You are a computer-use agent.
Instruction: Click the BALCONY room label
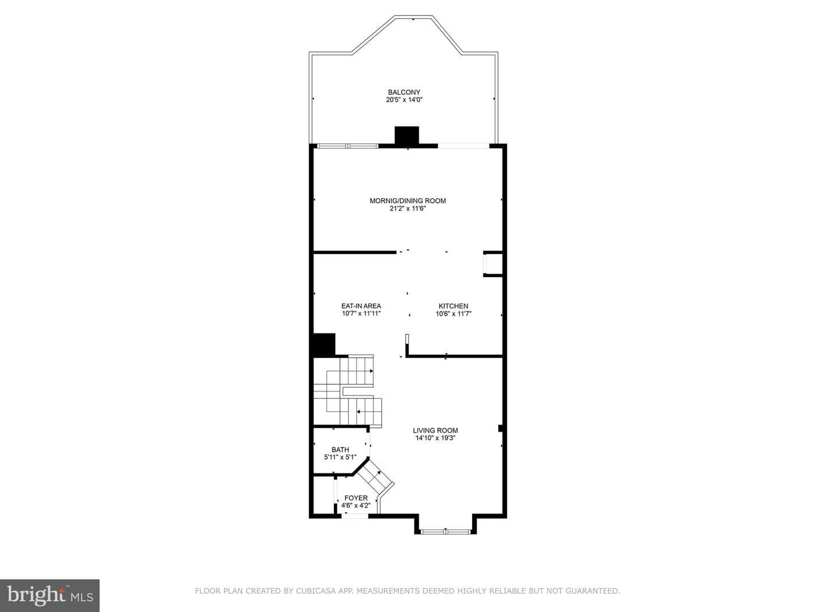(404, 92)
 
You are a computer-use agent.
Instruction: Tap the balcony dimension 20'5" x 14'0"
(404, 100)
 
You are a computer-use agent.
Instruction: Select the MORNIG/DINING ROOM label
(407, 201)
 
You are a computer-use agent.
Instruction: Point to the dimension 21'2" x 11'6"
(407, 209)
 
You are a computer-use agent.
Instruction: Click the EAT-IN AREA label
(361, 306)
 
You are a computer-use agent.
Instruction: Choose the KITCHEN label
(453, 306)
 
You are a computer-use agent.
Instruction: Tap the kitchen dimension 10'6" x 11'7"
(453, 314)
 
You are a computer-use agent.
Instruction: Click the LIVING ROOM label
(435, 431)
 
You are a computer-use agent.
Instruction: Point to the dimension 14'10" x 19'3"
(435, 438)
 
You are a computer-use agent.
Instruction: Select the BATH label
(340, 449)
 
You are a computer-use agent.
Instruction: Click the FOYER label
(356, 498)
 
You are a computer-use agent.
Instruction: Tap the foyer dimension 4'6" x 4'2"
(356, 505)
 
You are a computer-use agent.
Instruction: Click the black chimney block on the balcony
(407, 135)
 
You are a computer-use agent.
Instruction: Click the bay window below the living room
(445, 532)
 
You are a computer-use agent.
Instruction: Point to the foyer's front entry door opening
(355, 515)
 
